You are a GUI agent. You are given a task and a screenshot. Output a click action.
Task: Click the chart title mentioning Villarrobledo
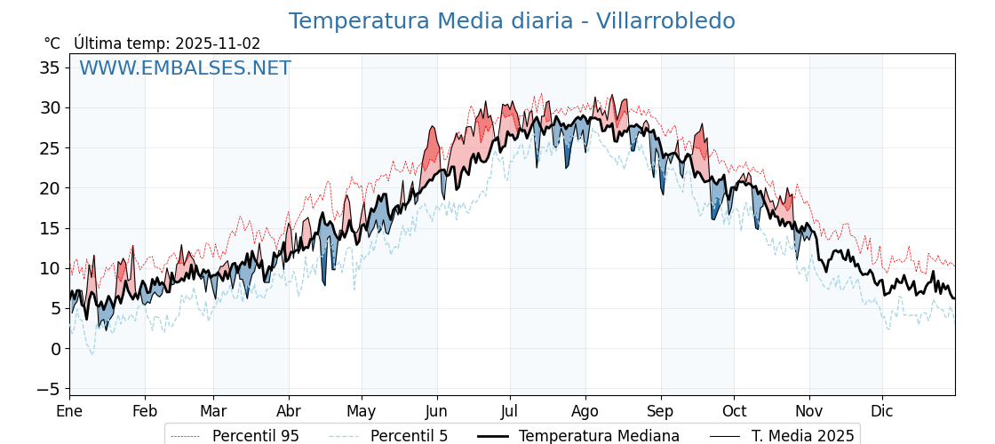[x=512, y=21]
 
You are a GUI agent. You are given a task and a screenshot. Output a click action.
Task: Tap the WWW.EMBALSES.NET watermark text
[x=185, y=68]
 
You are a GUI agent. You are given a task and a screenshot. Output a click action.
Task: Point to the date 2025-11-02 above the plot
[x=218, y=44]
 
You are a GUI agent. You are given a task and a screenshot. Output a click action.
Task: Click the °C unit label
[x=52, y=44]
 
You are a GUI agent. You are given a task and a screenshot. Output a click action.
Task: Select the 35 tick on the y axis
[x=50, y=67]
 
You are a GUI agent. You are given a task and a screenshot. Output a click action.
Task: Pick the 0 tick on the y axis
[x=55, y=349]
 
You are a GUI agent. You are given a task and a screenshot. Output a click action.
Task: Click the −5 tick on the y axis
[x=50, y=389]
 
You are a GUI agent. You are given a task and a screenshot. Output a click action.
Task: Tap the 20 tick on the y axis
[x=50, y=188]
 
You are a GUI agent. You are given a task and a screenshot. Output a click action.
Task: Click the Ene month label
[x=69, y=411]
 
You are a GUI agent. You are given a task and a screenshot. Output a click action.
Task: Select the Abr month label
[x=289, y=411]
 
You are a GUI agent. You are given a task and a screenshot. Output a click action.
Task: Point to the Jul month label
[x=510, y=411]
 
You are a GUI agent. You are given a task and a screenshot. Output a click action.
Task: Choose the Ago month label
[x=585, y=411]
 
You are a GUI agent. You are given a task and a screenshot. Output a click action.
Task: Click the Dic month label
[x=882, y=411]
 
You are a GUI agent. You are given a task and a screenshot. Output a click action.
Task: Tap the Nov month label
[x=809, y=411]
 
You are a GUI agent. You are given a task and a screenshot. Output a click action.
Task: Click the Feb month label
[x=145, y=411]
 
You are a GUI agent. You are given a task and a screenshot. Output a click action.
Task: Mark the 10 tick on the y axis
[x=50, y=268]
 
